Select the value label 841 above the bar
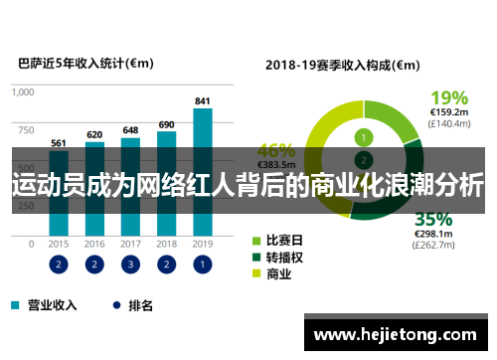point(203,101)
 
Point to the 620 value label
point(94,134)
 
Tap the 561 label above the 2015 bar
point(59,141)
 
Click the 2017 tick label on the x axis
point(130,243)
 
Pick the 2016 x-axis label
point(94,243)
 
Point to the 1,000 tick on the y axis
point(22,91)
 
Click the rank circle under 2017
point(130,265)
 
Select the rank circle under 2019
point(203,265)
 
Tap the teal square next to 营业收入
point(15,306)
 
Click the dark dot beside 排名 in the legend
point(116,306)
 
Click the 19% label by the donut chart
point(448,97)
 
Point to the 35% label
point(434,219)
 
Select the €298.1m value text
point(434,235)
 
